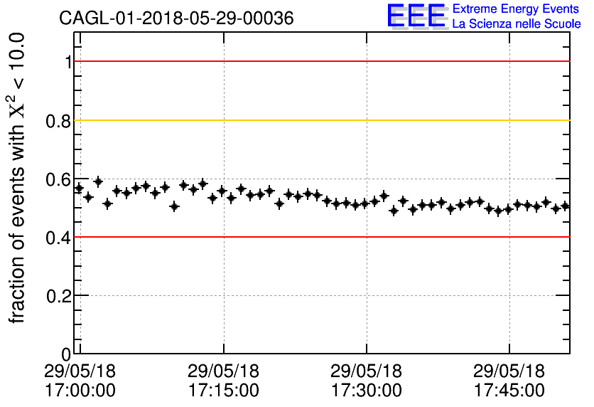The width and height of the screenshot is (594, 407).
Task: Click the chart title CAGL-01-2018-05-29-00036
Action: click(176, 18)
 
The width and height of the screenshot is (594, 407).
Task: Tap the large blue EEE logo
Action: click(417, 17)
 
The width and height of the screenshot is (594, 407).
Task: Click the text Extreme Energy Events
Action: click(517, 9)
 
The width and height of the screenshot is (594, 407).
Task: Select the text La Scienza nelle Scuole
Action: click(517, 24)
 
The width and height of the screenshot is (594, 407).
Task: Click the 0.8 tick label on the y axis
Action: click(60, 120)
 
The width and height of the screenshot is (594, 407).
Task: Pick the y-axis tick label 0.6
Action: click(60, 179)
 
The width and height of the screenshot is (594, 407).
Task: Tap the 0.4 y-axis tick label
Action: click(60, 237)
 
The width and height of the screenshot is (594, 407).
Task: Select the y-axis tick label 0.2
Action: click(60, 295)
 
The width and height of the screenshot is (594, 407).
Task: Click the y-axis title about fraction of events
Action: click(18, 178)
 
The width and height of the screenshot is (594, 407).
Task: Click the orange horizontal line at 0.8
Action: click(320, 120)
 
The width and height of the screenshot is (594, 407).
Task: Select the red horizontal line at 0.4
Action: click(320, 237)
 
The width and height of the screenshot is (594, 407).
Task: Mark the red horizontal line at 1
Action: click(320, 62)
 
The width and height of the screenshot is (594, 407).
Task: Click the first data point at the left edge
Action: click(79, 188)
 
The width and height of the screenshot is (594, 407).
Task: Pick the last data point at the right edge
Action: click(566, 206)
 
